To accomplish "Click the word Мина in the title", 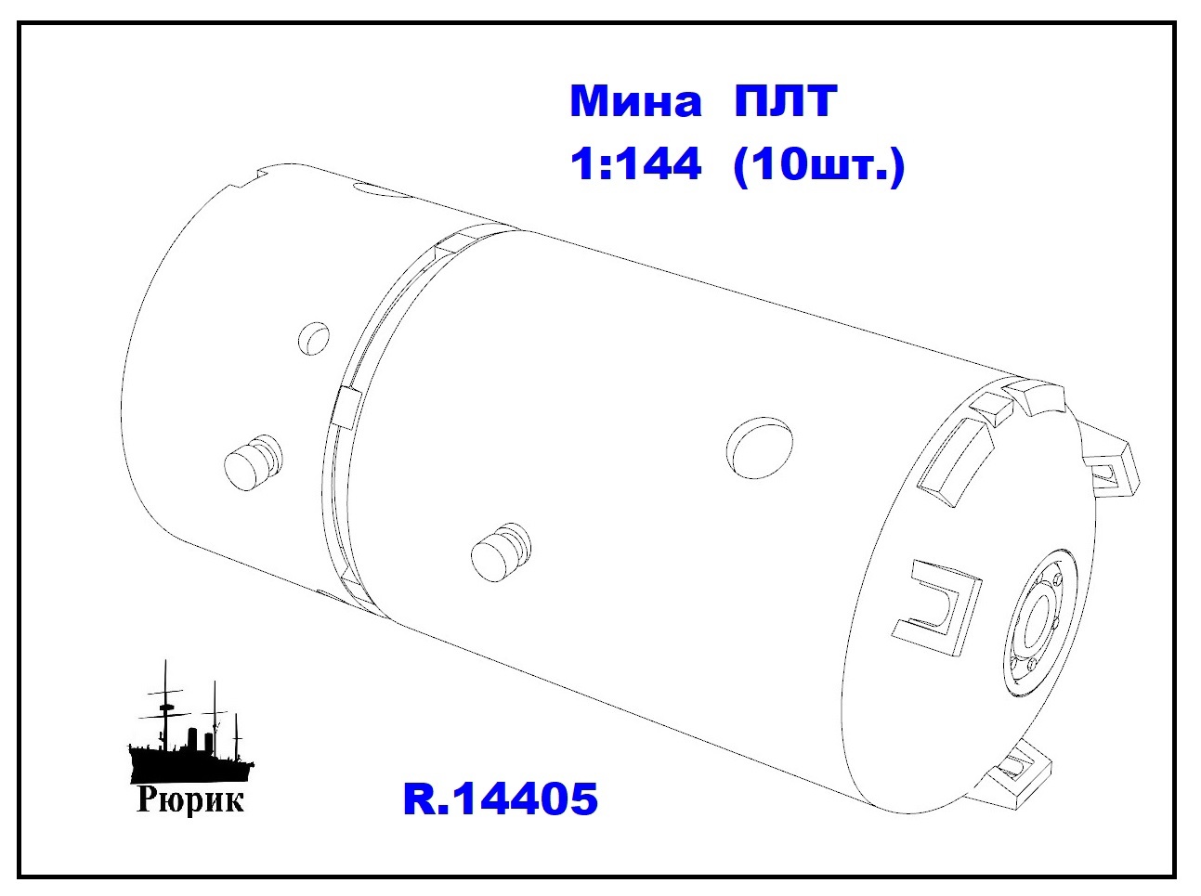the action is [x=635, y=102].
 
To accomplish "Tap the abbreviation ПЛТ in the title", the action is [x=785, y=102].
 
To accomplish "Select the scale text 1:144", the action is [x=635, y=164].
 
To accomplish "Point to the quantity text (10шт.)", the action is [x=819, y=167].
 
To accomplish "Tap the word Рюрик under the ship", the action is [x=189, y=802].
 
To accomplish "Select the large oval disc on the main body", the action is [x=760, y=448].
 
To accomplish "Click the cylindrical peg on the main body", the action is [x=500, y=552].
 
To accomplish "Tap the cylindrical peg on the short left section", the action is [x=254, y=462].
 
